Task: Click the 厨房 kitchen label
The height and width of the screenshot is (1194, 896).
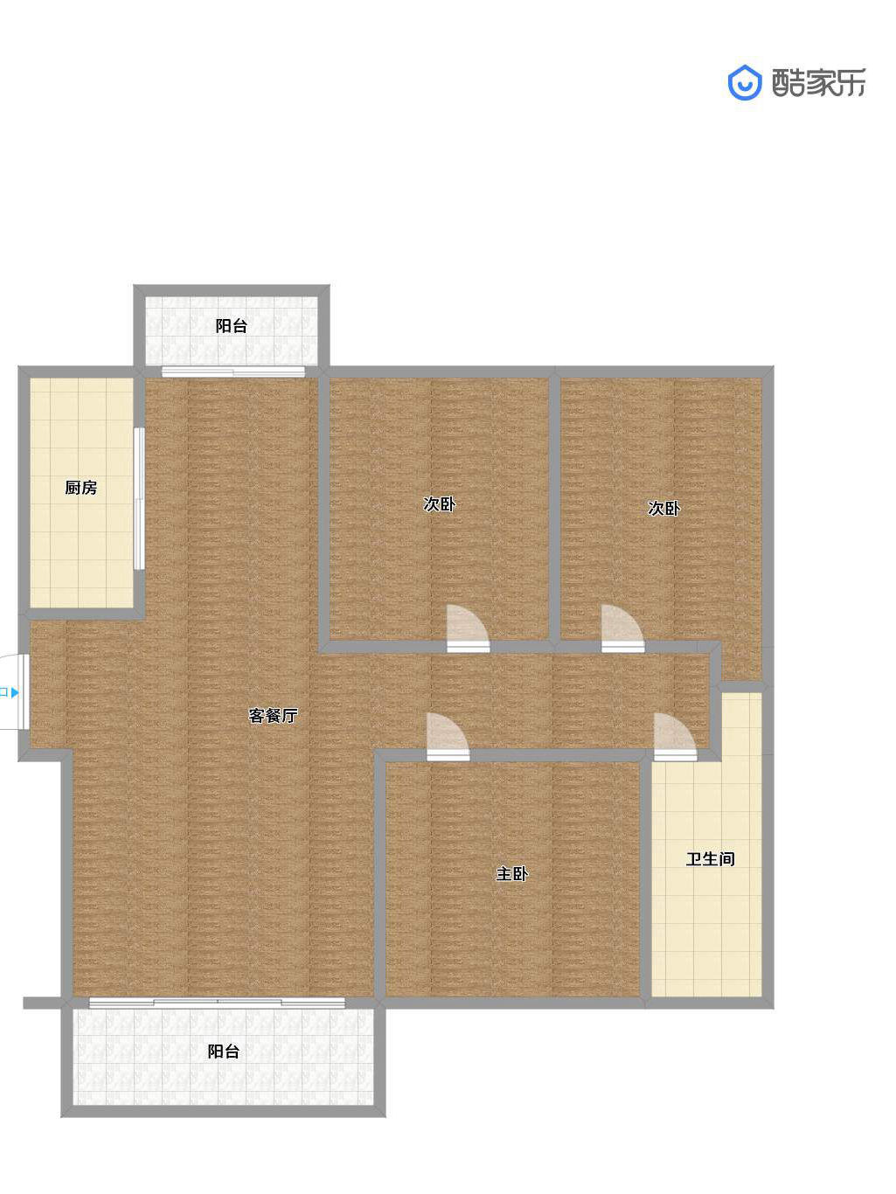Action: [81, 488]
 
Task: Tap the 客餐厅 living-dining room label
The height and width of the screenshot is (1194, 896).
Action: [273, 715]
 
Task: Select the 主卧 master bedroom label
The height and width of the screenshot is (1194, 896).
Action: [512, 873]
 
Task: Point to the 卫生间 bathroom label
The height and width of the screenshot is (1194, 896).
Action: [710, 859]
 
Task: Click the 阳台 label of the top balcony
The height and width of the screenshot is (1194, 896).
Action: [232, 326]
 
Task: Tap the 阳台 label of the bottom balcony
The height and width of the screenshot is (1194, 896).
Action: [224, 1052]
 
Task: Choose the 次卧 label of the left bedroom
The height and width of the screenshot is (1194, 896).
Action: [440, 503]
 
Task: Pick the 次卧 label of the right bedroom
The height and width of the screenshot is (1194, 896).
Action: [663, 508]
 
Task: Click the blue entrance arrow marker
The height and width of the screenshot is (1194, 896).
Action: [15, 692]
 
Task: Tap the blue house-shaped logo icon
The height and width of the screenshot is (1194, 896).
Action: [744, 83]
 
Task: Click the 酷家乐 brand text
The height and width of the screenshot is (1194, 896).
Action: [818, 83]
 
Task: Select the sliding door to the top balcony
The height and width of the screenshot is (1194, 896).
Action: [233, 372]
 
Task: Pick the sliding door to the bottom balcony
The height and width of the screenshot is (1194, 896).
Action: [217, 1003]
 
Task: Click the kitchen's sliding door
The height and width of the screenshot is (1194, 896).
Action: [139, 498]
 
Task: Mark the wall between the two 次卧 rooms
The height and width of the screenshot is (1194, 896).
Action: [554, 509]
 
